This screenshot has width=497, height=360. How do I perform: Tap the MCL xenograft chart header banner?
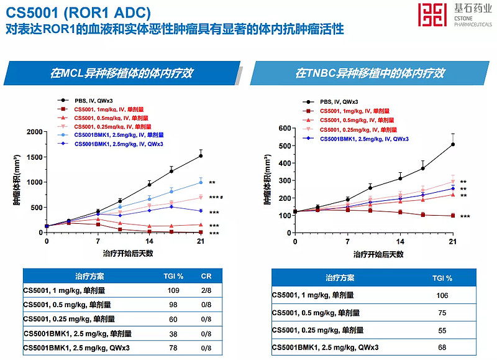[122, 73]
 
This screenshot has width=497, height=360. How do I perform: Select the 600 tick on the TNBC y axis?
[285, 129]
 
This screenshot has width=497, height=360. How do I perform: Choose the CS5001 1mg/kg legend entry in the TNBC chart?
[355, 111]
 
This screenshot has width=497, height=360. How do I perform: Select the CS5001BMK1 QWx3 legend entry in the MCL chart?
[110, 144]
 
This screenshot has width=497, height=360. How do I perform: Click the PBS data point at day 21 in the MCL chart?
[201, 155]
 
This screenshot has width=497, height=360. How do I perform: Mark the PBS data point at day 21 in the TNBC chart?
[452, 144]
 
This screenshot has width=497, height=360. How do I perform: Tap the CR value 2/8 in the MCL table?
[206, 290]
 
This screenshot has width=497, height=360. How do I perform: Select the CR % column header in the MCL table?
[206, 275]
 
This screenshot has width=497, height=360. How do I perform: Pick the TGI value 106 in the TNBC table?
[442, 295]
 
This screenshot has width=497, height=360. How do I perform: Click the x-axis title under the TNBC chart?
[379, 254]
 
